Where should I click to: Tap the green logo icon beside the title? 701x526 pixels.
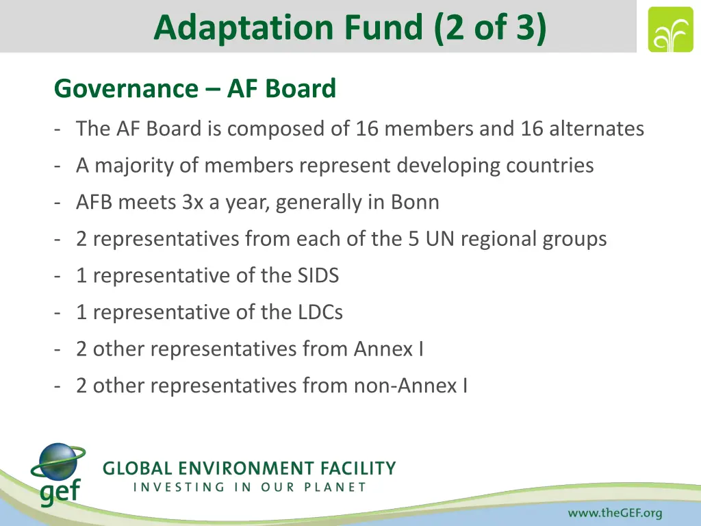pyautogui.click(x=670, y=29)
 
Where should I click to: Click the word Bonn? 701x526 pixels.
pyautogui.click(x=415, y=202)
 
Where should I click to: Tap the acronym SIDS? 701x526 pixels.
pyautogui.click(x=316, y=275)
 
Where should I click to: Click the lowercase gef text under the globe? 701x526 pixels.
pyautogui.click(x=60, y=492)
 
